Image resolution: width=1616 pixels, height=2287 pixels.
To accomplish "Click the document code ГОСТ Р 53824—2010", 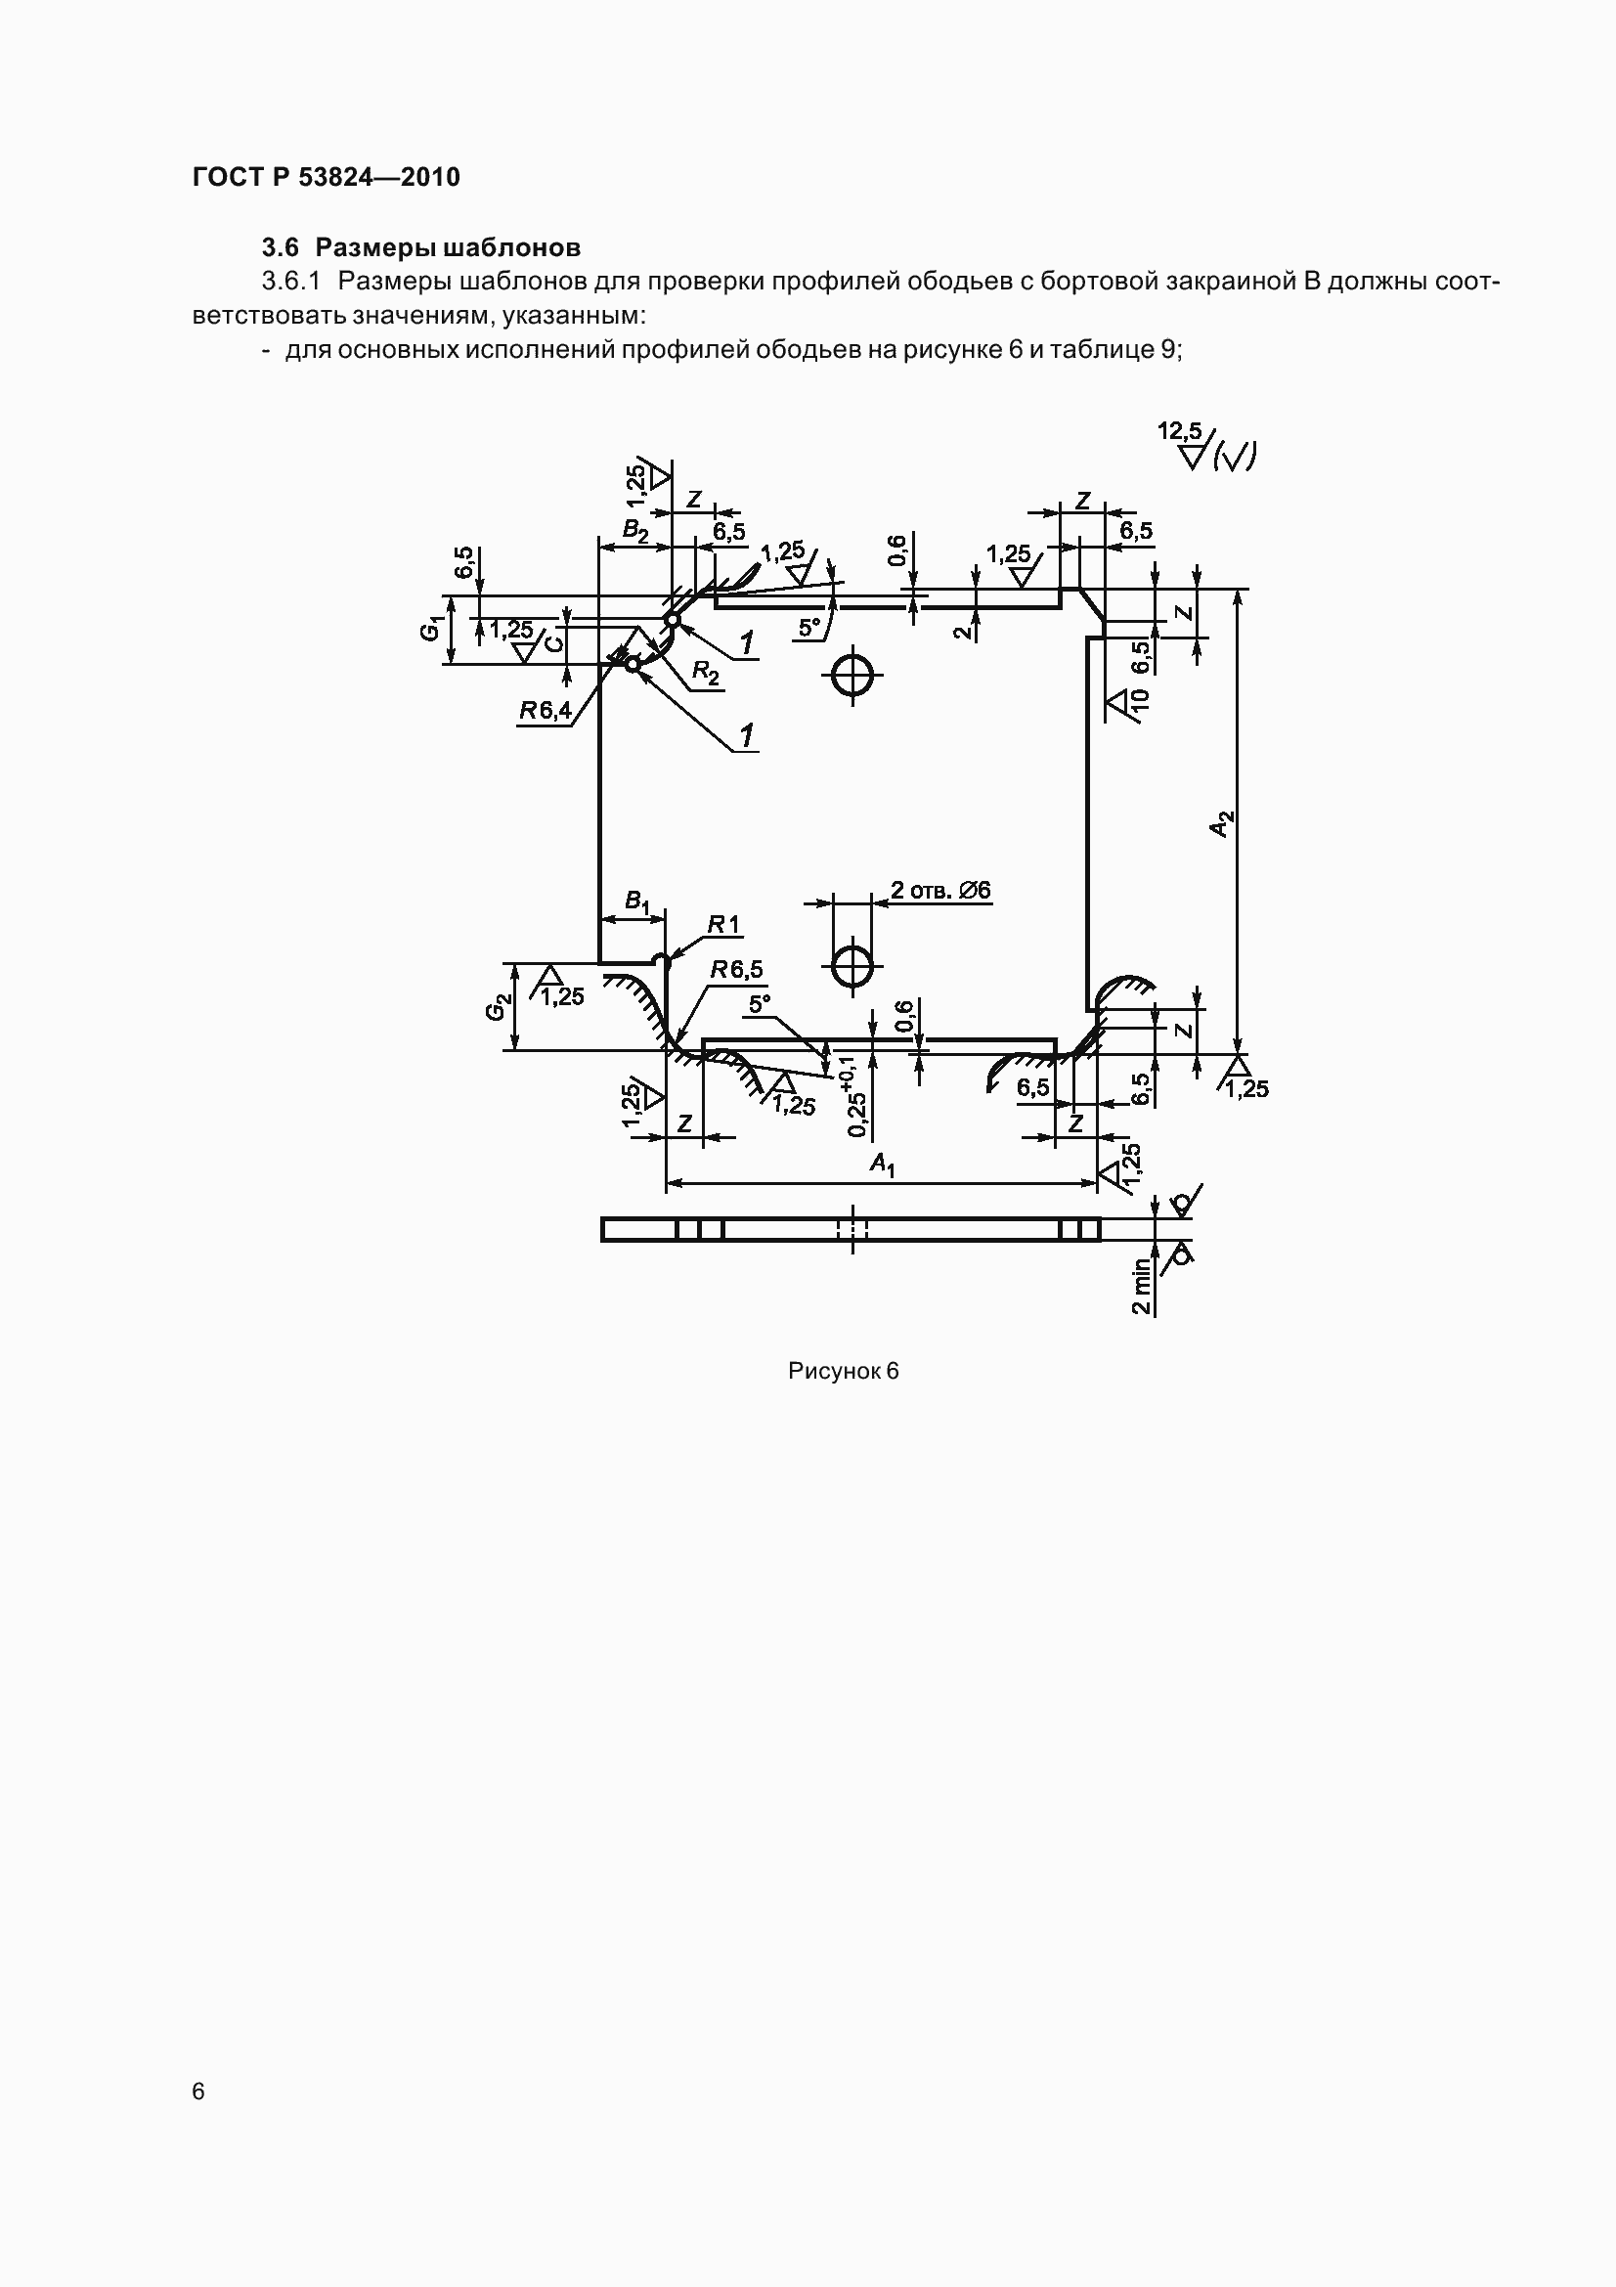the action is click(x=327, y=177).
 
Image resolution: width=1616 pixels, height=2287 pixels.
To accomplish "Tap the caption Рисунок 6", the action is click(x=844, y=1372).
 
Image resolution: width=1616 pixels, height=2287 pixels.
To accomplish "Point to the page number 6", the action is click(x=199, y=2090).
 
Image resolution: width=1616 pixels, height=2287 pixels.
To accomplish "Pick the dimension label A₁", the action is click(x=882, y=1164).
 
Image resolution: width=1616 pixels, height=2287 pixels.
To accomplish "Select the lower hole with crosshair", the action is click(x=852, y=964).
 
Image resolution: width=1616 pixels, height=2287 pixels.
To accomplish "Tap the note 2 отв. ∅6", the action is click(x=939, y=890).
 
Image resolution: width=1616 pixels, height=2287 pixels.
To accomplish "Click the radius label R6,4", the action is click(x=545, y=710).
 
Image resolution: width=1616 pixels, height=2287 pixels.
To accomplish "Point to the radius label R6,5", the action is click(x=737, y=969).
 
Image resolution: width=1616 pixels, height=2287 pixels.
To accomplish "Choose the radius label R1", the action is click(x=723, y=925).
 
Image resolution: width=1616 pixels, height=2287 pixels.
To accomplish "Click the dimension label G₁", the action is click(x=431, y=629).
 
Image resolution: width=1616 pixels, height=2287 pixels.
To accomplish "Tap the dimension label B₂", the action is click(x=635, y=530).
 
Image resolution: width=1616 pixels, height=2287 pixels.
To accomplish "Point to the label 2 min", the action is click(x=1141, y=1286).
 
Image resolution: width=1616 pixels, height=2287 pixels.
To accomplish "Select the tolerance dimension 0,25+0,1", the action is click(x=854, y=1097).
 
